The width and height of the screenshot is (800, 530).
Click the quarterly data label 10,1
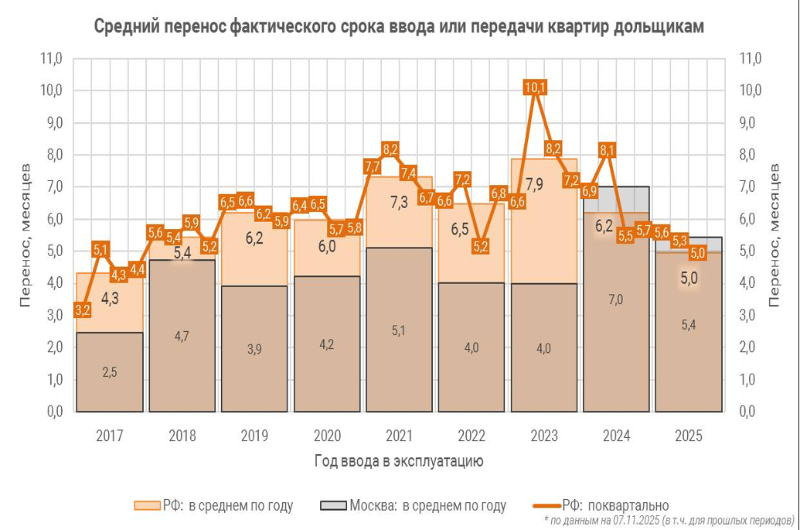(x=535, y=87)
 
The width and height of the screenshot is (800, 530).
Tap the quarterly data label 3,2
(x=83, y=309)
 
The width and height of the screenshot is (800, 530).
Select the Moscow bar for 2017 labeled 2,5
(x=110, y=372)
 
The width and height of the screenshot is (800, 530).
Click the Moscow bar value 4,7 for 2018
(x=182, y=336)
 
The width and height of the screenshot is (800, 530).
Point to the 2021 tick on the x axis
(x=399, y=436)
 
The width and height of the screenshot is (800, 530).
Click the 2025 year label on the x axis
(x=688, y=436)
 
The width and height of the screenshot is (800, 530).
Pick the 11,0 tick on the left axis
(x=51, y=58)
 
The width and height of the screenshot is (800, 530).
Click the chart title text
(x=399, y=26)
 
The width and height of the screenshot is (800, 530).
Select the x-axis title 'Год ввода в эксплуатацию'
(x=399, y=462)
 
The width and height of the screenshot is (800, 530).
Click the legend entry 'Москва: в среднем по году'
(x=414, y=506)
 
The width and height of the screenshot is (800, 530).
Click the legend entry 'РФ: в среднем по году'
(x=214, y=506)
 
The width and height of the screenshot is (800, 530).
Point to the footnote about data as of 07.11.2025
(x=669, y=520)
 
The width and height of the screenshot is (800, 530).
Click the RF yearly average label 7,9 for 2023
(x=535, y=184)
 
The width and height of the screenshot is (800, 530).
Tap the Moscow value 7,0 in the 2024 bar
(x=615, y=299)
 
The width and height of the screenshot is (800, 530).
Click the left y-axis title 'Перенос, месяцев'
(x=26, y=234)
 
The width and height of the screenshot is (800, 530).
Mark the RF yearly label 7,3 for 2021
(x=399, y=203)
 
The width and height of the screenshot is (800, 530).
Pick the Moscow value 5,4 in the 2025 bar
(x=688, y=326)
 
